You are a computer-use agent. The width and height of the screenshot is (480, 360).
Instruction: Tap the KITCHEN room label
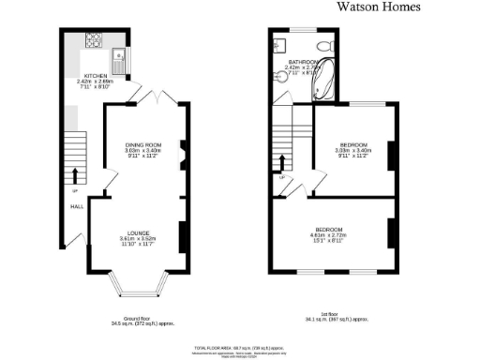(x=96, y=75)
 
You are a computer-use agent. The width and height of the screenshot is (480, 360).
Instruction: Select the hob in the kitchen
(x=95, y=40)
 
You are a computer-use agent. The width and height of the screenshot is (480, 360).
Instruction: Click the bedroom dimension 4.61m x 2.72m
(x=329, y=235)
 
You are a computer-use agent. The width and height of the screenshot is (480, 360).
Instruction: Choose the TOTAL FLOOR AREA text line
(x=237, y=346)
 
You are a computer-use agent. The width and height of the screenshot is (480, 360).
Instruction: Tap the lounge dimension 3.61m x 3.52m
(x=140, y=239)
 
